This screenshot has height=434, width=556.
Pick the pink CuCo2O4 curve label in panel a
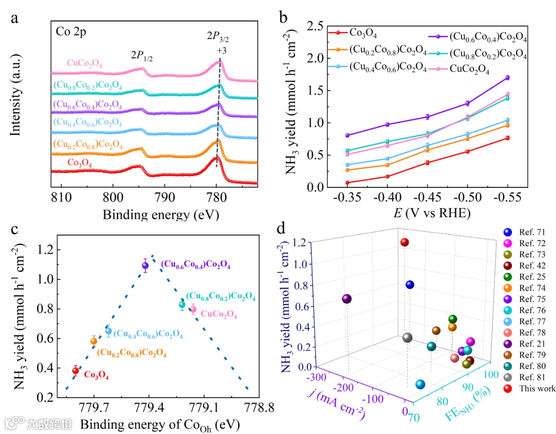pyautogui.click(x=84, y=64)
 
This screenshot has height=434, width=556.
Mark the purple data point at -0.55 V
pyautogui.click(x=508, y=78)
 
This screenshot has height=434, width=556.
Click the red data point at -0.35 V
pyautogui.click(x=347, y=183)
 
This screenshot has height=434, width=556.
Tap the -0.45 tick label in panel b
pyautogui.click(x=427, y=199)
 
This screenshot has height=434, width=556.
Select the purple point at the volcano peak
pyautogui.click(x=145, y=266)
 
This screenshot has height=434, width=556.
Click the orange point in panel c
pyautogui.click(x=94, y=341)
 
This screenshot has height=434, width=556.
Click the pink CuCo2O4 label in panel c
pyautogui.click(x=219, y=314)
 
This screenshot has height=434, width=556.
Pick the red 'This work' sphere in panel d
pyautogui.click(x=405, y=242)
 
